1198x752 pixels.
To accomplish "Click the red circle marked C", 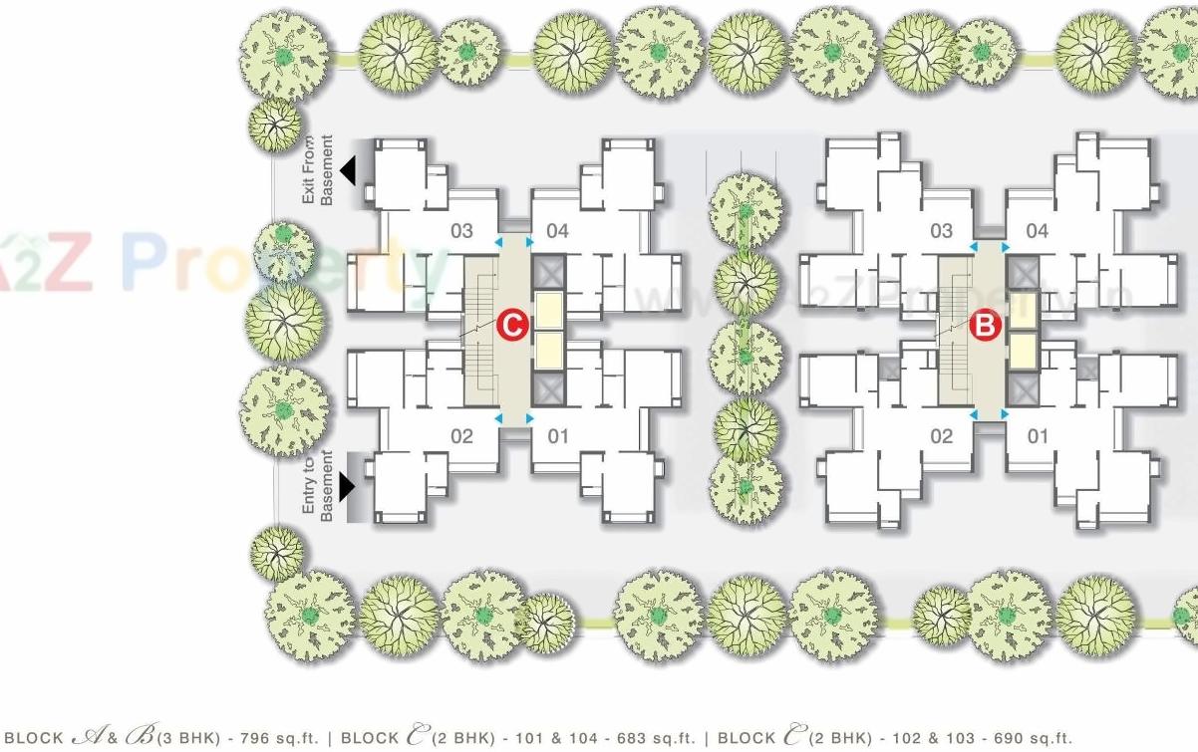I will (x=512, y=325).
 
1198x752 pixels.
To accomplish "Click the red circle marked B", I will (x=986, y=325).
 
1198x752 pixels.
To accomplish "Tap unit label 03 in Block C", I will (x=461, y=232).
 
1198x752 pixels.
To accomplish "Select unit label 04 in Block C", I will (x=557, y=232).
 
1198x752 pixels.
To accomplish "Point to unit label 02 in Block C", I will (x=461, y=435).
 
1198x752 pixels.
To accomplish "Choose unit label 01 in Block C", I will (x=557, y=435).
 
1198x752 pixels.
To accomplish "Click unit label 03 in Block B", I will (x=941, y=232).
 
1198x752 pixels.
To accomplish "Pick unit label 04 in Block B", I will (x=1038, y=232).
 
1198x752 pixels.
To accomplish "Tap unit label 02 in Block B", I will (x=941, y=435).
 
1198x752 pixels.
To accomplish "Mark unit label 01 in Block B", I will (x=1038, y=435).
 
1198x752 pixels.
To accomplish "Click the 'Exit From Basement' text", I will (x=318, y=170).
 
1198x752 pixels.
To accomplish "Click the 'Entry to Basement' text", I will (x=318, y=485).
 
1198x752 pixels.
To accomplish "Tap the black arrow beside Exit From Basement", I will (x=348, y=171).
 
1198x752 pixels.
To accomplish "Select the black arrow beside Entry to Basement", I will (x=347, y=486).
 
